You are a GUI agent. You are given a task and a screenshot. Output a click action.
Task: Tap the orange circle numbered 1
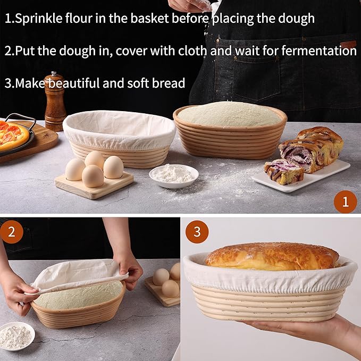coord(345,202)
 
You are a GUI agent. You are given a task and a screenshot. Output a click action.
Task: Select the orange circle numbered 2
coord(12,232)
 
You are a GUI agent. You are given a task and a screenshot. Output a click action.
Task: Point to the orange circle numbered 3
coord(197,232)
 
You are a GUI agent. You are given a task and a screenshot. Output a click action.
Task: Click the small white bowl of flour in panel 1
coord(174,175)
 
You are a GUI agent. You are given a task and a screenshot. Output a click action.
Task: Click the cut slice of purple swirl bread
coord(284,171)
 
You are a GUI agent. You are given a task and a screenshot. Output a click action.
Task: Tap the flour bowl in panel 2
coord(16,336)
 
